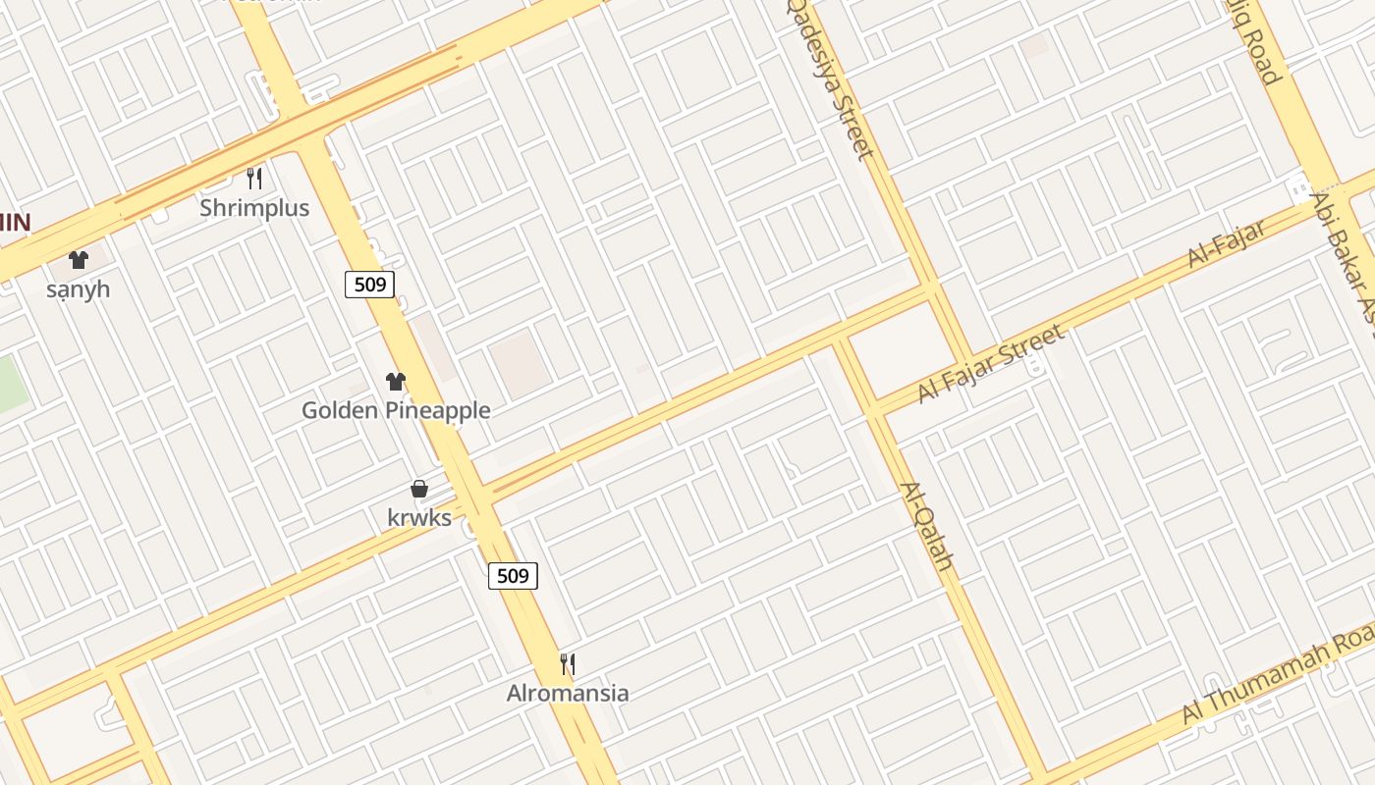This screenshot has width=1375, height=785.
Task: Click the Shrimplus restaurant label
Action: click(254, 208)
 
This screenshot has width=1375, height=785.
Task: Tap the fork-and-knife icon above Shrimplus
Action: click(254, 178)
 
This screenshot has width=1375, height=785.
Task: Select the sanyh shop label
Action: click(78, 289)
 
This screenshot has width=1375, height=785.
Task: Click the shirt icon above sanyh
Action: click(79, 260)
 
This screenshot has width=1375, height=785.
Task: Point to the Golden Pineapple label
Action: click(396, 410)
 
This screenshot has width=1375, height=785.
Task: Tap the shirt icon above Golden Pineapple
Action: click(396, 382)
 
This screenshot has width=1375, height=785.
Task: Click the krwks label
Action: click(419, 517)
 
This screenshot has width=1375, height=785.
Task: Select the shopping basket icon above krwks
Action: click(419, 489)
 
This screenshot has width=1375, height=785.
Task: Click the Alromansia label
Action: click(568, 693)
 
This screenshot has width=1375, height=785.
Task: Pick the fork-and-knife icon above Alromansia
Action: click(568, 664)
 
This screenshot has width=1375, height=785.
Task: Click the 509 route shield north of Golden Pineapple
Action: click(370, 285)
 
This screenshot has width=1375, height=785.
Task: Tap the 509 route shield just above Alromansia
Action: click(514, 575)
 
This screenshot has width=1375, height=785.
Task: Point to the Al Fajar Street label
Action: click(991, 364)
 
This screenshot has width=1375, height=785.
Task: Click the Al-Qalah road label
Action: click(927, 526)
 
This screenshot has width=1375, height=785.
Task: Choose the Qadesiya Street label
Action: click(831, 78)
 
